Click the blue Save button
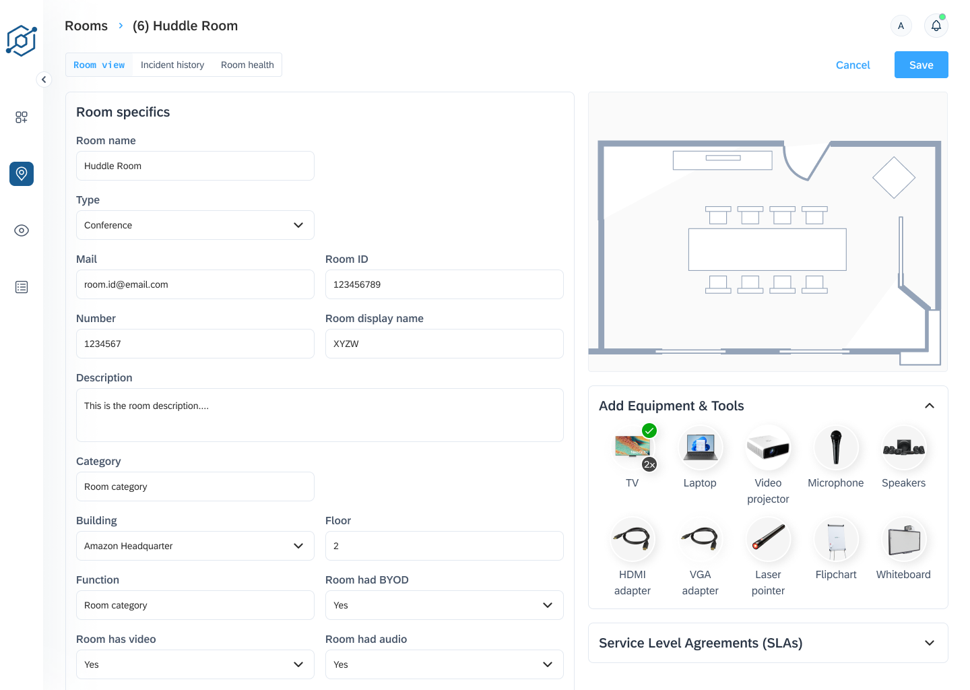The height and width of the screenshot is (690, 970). point(921,65)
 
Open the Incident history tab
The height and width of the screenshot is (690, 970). point(172,65)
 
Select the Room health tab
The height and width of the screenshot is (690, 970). point(247,65)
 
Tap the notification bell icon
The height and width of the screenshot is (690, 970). point(936,26)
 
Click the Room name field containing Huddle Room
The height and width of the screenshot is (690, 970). point(195,166)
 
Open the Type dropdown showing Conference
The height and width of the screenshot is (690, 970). point(195,225)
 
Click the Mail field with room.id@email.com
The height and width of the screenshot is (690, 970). point(195,284)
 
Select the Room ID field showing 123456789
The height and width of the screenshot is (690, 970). point(445,284)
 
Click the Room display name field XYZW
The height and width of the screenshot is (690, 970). point(445,344)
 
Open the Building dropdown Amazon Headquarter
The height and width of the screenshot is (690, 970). point(195,546)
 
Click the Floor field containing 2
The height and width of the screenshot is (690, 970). point(445,546)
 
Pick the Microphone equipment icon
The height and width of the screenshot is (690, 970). point(836,448)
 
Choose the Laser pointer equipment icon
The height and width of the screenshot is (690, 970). point(768,539)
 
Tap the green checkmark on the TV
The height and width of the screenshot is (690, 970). point(649,431)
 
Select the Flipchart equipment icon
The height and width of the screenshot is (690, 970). point(836,539)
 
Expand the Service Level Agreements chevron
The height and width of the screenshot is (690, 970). point(930,644)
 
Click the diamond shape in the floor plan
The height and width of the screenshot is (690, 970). point(894,178)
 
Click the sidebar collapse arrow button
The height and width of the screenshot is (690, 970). point(44,80)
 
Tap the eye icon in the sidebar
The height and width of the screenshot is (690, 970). point(22,230)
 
